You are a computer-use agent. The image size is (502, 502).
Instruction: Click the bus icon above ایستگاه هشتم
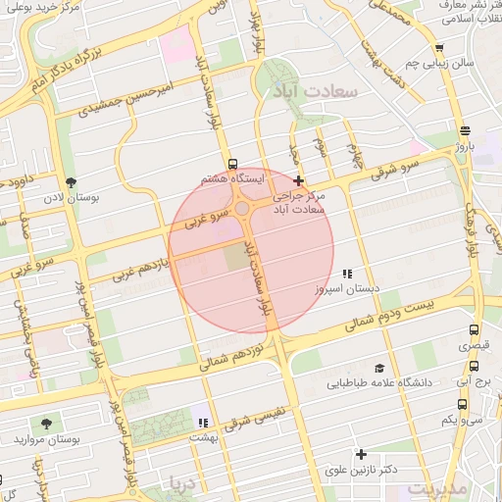[x=232, y=164]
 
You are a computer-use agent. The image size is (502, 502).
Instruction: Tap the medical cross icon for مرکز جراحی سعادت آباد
[x=298, y=180]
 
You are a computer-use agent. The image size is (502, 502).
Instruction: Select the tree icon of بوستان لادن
[x=71, y=182]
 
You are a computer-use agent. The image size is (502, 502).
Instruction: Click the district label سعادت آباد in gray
[x=319, y=89]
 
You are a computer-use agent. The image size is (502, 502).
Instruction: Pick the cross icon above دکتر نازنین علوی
[x=362, y=454]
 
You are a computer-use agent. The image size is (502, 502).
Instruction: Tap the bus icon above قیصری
[x=475, y=331]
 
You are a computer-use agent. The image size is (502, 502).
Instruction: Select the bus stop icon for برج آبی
[x=462, y=403]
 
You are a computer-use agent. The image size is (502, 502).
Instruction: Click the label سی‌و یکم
[x=462, y=421]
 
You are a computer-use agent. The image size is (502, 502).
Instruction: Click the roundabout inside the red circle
[x=241, y=208]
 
